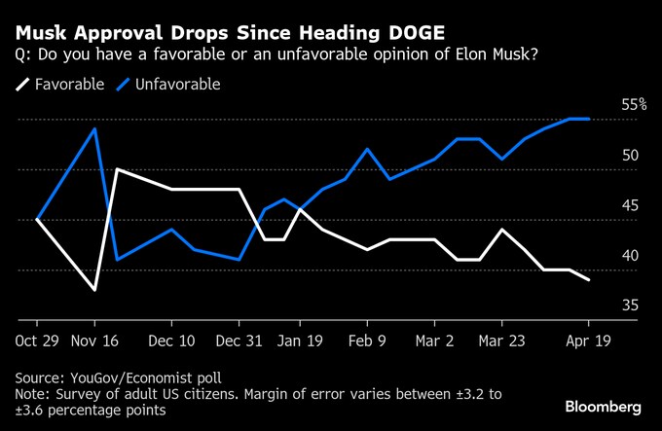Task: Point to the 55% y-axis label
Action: coord(634,105)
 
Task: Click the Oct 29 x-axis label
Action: coord(37,342)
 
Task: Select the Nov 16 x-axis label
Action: coord(94,342)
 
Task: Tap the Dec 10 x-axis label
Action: coord(171,342)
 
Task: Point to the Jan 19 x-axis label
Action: coord(302,342)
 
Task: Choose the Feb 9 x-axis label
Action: coord(367,342)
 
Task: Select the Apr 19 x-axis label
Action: coord(588,342)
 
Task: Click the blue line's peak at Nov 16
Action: coord(94,128)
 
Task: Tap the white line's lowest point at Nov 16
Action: coord(94,290)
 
